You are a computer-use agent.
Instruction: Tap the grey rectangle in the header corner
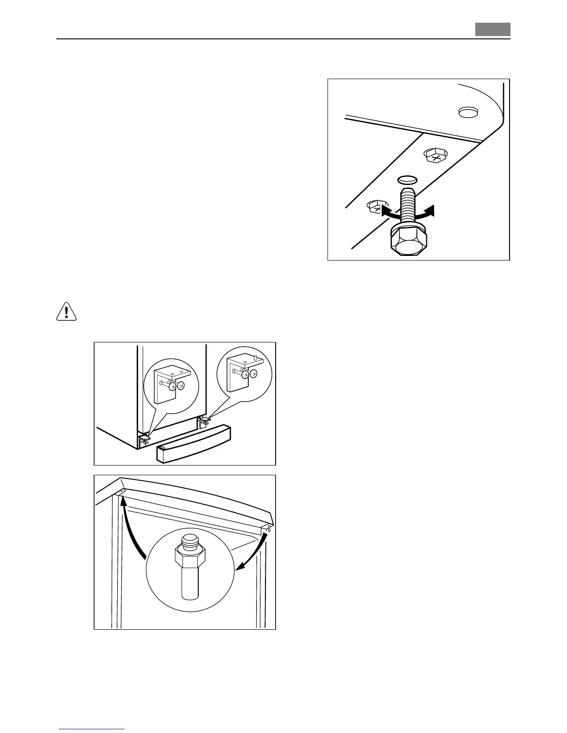[492, 30]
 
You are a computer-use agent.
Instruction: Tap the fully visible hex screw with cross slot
[436, 156]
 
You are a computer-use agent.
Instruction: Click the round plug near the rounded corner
[467, 112]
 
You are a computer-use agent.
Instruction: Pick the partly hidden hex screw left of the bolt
[375, 207]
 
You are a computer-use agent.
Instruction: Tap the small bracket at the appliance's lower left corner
[145, 439]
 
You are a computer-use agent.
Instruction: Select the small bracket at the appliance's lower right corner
[204, 421]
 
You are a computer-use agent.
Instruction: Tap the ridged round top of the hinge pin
[189, 540]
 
